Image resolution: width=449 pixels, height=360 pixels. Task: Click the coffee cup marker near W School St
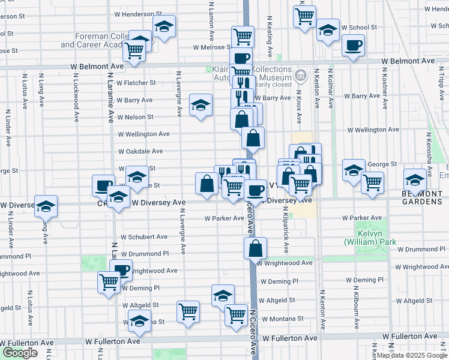pyautogui.click(x=353, y=45)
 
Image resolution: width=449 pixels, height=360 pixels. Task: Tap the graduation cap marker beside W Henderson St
pyautogui.click(x=164, y=26)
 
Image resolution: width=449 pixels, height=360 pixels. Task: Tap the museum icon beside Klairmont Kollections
pyautogui.click(x=301, y=76)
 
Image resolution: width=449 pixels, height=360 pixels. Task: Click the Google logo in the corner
pyautogui.click(x=20, y=353)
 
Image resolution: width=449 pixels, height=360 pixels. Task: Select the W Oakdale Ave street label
pyautogui.click(x=140, y=152)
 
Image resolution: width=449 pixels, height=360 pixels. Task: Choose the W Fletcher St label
pyautogui.click(x=136, y=83)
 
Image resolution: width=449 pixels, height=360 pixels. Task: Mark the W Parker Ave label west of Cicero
pyautogui.click(x=223, y=219)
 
